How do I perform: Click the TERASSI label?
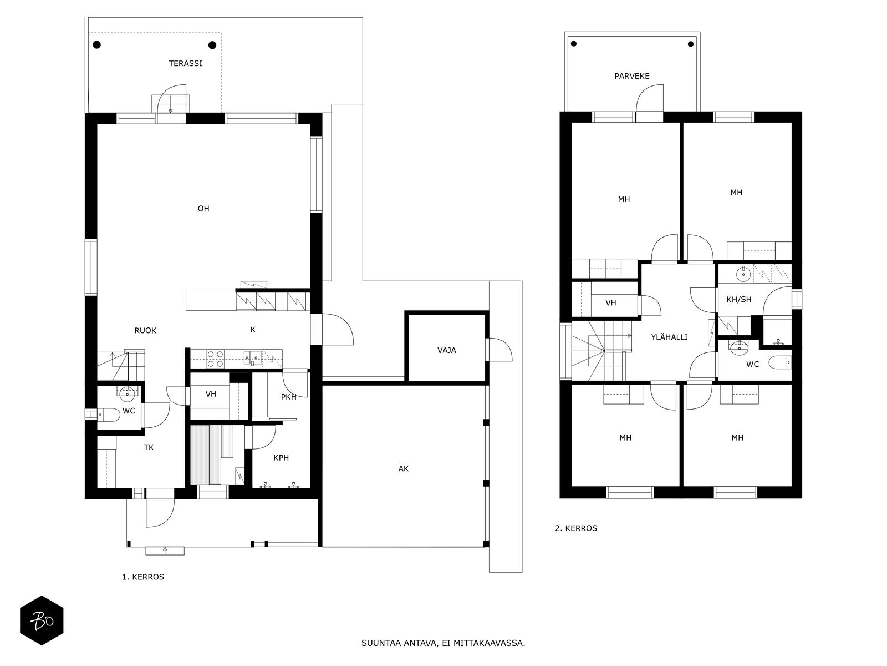(185, 63)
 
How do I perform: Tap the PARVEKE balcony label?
(631, 76)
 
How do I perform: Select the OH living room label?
(203, 209)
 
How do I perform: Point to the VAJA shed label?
(446, 350)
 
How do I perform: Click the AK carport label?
(403, 468)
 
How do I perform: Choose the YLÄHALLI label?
(669, 336)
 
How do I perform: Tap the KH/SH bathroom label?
(738, 300)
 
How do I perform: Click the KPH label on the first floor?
(281, 458)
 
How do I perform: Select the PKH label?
(288, 397)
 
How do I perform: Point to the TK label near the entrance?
(149, 447)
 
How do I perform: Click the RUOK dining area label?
(145, 330)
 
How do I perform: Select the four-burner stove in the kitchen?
(215, 359)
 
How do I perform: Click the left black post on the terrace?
(97, 45)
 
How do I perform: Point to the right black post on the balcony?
(691, 44)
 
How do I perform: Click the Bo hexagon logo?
(42, 620)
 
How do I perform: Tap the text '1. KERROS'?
(143, 577)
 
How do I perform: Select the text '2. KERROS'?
(576, 528)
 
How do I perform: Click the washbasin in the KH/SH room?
(743, 274)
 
